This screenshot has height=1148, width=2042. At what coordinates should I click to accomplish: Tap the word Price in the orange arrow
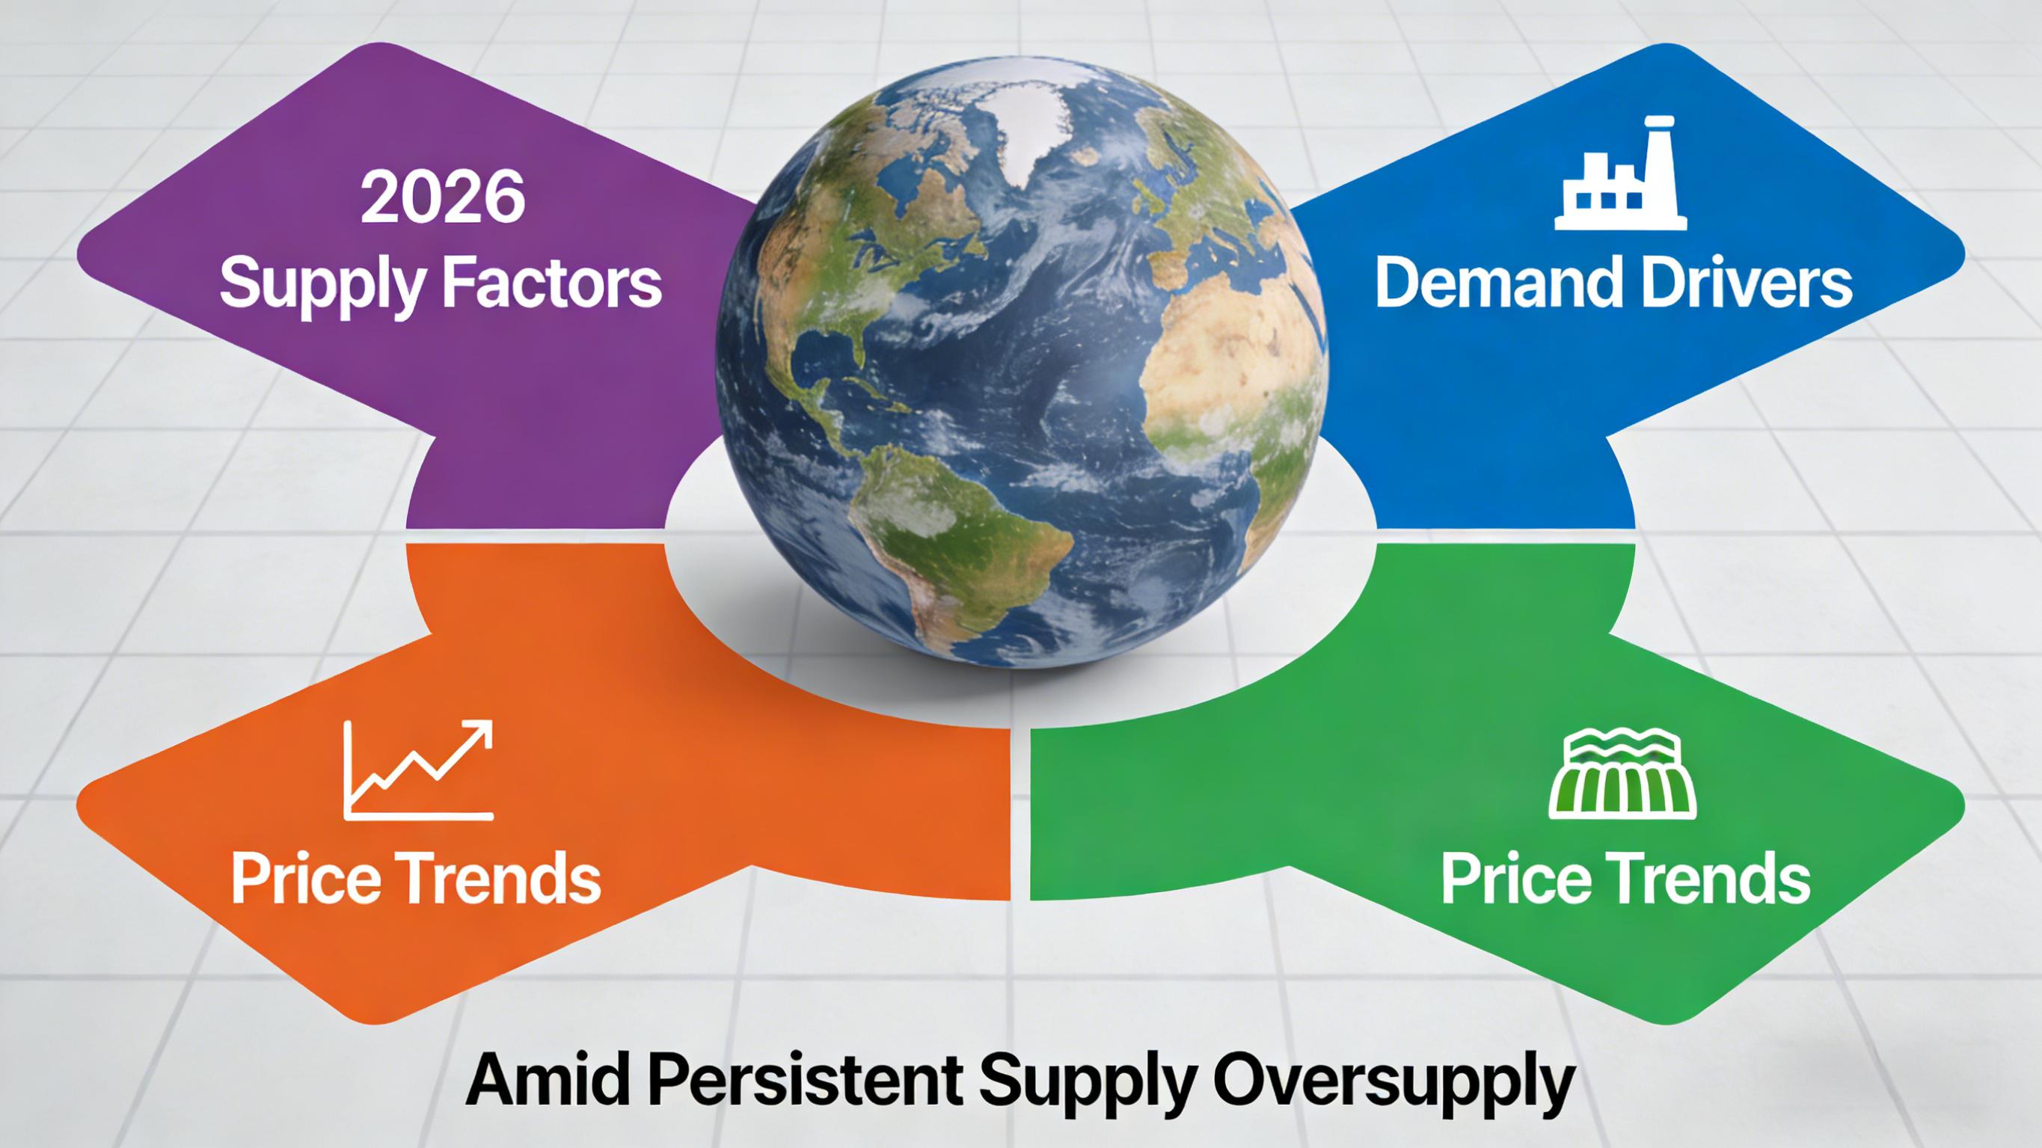pyautogui.click(x=300, y=878)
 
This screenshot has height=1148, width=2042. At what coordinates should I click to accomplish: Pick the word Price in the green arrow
pyautogui.click(x=1510, y=878)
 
